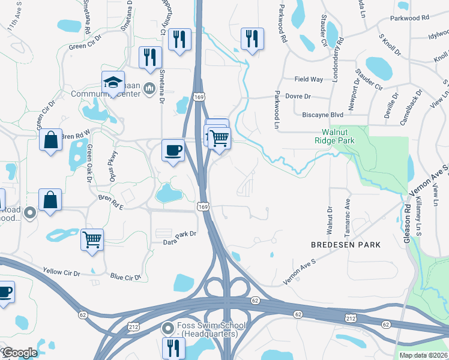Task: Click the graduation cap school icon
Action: click(x=112, y=83)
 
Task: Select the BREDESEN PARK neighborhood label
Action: click(x=345, y=245)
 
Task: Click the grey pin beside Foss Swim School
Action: click(x=168, y=328)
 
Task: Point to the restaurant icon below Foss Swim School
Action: click(x=172, y=347)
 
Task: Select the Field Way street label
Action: click(x=309, y=79)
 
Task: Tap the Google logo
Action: click(x=20, y=353)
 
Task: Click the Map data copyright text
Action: click(x=423, y=355)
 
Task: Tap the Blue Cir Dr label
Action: click(x=125, y=277)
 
